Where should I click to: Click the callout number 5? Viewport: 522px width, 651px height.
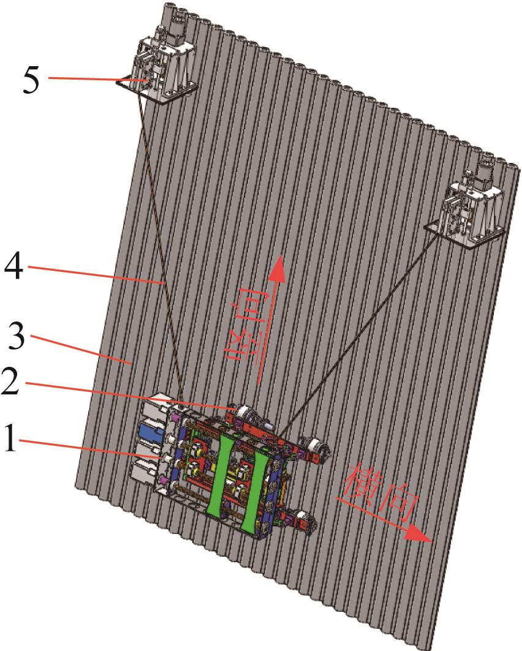(31, 79)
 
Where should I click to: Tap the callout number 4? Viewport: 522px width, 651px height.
(13, 266)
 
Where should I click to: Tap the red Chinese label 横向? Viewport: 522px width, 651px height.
(379, 493)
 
